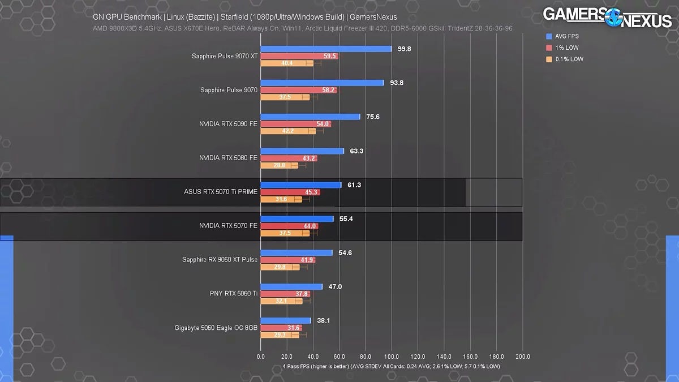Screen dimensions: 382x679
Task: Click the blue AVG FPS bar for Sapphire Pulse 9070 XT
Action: click(326, 49)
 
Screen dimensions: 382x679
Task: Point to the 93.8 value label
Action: click(397, 83)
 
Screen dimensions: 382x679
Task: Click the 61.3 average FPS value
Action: click(355, 185)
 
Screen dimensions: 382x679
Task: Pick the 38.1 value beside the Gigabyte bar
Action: click(324, 320)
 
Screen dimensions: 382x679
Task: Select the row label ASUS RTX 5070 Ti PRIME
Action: click(221, 192)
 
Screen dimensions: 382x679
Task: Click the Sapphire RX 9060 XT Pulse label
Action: click(220, 260)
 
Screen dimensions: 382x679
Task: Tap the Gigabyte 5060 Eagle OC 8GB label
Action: click(216, 328)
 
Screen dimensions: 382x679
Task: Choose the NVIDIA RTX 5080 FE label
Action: click(228, 158)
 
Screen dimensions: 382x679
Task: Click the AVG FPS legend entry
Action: click(566, 36)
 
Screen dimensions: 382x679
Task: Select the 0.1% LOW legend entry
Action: click(568, 59)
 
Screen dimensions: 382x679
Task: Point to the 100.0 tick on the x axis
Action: click(392, 357)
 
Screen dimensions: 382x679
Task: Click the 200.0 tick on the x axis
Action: click(522, 357)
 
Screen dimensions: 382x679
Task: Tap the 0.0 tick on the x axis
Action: click(261, 357)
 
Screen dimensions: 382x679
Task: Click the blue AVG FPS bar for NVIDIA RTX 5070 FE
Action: click(297, 219)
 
